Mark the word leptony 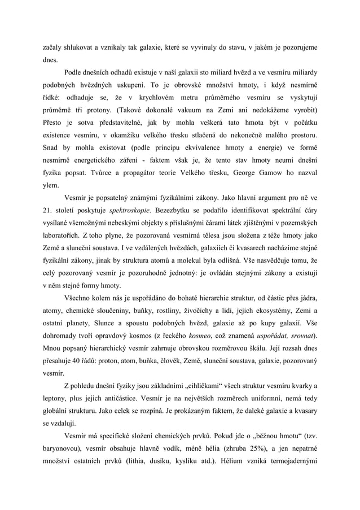click(x=57, y=402)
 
